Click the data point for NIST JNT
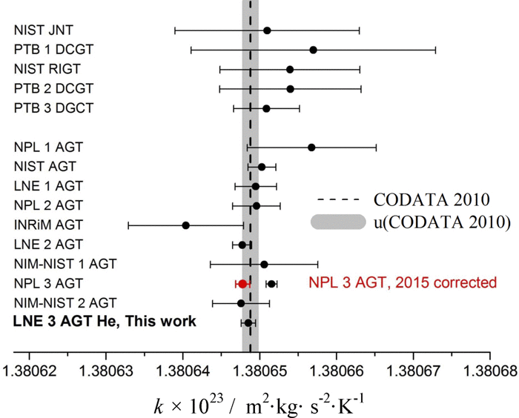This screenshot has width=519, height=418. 267,30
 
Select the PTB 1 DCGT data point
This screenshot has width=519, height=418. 313,50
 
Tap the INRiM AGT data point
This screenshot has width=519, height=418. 185,225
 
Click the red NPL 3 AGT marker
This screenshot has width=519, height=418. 242,283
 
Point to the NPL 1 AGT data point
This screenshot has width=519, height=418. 311,147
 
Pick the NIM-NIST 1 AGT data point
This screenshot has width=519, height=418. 264,264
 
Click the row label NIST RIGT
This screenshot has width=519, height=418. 47,70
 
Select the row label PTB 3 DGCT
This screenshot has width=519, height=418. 53,109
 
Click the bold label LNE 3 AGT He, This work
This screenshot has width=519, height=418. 105,322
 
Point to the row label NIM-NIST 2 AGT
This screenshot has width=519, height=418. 65,302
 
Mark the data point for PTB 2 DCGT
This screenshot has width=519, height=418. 290,89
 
